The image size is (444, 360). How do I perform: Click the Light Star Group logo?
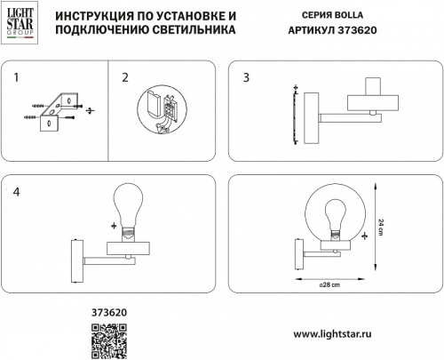pos(19,23)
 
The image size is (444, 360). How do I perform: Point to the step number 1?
pos(16,78)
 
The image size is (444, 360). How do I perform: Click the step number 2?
pos(125,78)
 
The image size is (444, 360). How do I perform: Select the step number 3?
pos(246,78)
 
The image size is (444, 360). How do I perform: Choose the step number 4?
pos(16,191)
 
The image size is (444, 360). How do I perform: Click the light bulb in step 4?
pos(130,208)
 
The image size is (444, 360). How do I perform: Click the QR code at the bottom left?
pos(110,339)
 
